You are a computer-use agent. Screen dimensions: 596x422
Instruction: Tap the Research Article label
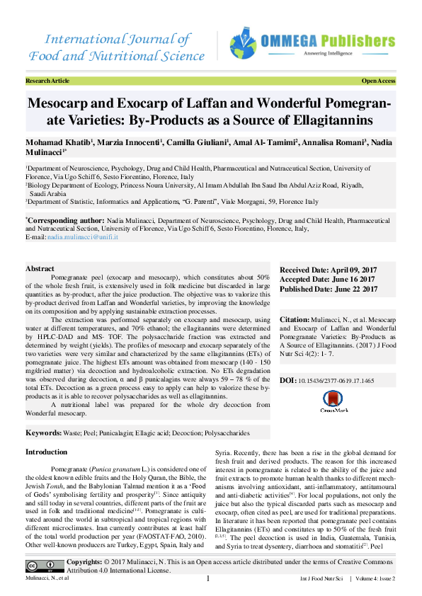[47, 81]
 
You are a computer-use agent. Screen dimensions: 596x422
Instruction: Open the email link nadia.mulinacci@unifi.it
[82, 237]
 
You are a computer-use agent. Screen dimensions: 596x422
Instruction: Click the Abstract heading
[41, 269]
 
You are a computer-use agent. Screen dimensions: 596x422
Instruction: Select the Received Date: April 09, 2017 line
[329, 270]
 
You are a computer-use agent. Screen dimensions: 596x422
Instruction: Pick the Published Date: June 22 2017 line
[329, 289]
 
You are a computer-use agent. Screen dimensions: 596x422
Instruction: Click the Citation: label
[296, 321]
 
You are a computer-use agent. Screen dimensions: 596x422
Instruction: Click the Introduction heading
[47, 452]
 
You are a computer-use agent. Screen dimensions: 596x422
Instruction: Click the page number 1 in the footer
[208, 578]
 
